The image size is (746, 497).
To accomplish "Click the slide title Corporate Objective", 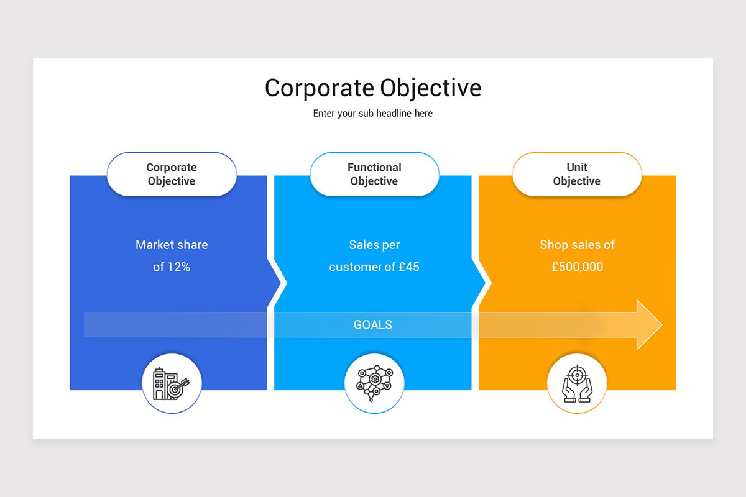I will pos(373,88).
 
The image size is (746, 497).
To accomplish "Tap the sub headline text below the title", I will pos(373,114).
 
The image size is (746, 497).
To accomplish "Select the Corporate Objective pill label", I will pos(172,175).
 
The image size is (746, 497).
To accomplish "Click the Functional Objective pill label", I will pos(374,175).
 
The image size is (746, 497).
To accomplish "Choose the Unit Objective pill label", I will pos(577,175).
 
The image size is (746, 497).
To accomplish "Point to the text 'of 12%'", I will pos(172,267).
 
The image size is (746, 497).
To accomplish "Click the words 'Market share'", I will pos(172,245).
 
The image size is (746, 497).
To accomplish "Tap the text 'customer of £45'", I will pos(374,267).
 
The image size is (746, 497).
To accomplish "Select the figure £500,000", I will pos(577,267).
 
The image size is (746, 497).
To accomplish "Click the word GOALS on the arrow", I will pos(373,325).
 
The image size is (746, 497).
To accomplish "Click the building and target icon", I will pos(172,383).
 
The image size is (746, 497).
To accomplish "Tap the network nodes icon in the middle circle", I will pos(374,383).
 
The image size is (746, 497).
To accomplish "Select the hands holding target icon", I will pos(577,383).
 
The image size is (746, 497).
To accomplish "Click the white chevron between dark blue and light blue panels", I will pos(279,283).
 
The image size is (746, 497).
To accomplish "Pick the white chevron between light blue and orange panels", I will pos(483,283).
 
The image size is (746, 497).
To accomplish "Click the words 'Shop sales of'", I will pos(577,245).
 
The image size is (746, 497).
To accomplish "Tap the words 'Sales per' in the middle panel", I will pos(374,245).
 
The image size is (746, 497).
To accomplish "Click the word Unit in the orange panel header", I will pos(577,167).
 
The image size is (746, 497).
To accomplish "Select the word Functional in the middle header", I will pos(374,167).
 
